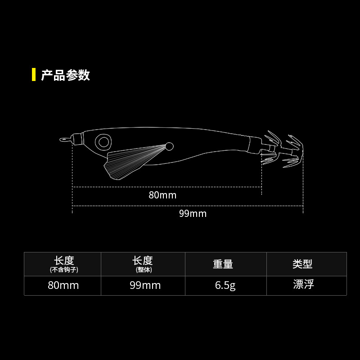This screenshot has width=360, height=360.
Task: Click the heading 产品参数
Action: coord(66,75)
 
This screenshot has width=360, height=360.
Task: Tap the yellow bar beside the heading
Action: coord(34,75)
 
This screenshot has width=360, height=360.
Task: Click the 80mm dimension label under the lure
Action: coord(162,195)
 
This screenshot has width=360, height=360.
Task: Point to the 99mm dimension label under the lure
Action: coord(193,213)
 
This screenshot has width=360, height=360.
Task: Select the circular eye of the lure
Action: coord(104,142)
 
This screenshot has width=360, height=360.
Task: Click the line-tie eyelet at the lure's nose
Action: coord(63,139)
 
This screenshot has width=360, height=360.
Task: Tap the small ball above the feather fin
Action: coord(170,145)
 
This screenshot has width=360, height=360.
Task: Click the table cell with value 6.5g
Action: coord(225,286)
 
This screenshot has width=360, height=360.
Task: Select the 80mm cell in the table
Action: coord(63,286)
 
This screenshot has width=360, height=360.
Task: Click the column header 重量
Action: coord(223,264)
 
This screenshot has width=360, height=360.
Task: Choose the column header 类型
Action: coord(302,264)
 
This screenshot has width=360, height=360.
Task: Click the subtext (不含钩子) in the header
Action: coord(64,270)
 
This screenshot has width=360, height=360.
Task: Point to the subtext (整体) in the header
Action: coord(143,270)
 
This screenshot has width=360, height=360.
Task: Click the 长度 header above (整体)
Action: coord(143,261)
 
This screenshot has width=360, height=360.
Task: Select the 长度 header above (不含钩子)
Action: coord(64,261)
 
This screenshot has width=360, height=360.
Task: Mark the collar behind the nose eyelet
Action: coord(77,139)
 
